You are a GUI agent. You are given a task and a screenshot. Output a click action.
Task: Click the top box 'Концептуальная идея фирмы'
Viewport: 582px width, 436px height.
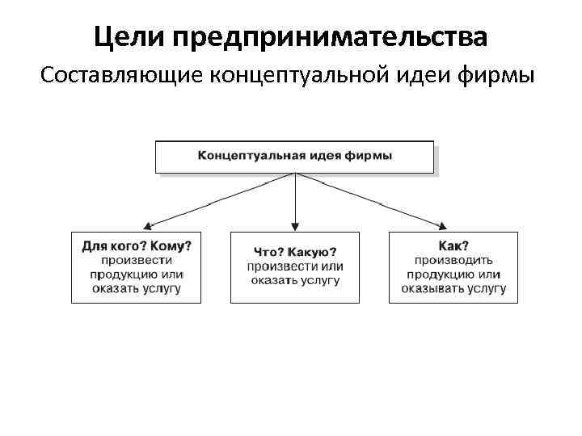294,157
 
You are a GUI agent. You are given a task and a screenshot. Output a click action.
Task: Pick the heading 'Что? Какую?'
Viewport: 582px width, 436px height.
294,252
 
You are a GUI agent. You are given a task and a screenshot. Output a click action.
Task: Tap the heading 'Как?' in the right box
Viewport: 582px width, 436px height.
453,245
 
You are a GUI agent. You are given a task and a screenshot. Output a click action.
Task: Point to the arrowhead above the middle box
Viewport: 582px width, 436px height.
295,226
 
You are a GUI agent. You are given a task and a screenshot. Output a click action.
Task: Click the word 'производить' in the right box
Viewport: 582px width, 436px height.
453,259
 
